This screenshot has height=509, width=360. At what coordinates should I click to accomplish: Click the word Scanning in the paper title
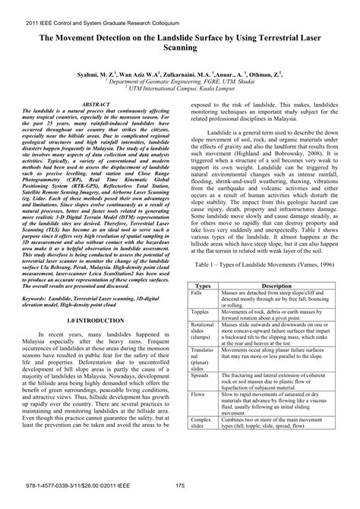(180, 47)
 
